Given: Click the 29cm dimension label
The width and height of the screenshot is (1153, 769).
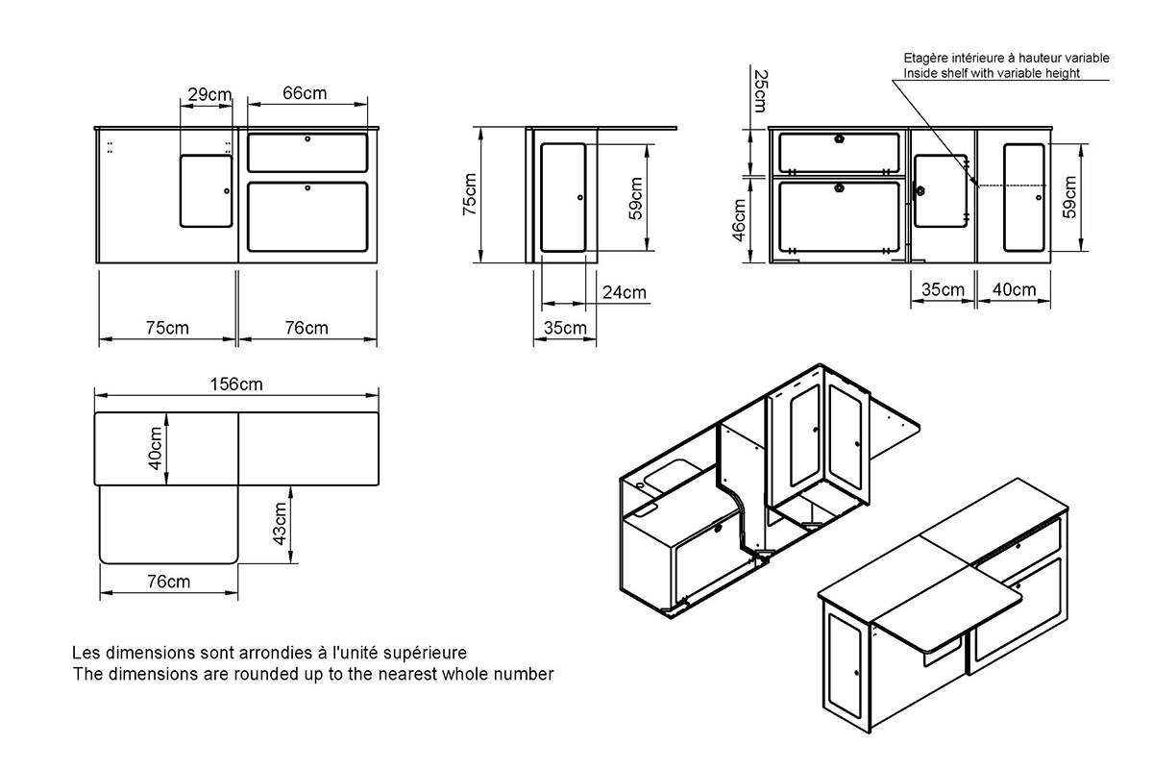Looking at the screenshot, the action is coord(209,94).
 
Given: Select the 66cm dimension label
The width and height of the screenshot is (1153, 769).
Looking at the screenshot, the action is coord(305,93).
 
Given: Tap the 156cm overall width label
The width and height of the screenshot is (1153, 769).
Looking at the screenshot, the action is coord(236,384).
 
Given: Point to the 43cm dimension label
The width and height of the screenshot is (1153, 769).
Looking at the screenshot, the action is coord(280,523).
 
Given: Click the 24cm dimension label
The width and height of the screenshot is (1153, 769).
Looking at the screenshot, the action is coord(625,292).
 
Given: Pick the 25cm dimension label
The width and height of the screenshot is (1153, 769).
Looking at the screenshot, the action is coord(761,91).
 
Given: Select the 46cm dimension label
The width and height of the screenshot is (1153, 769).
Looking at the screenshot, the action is coord(739,220).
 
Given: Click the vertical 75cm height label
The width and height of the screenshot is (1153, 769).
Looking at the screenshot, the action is coord(470,194).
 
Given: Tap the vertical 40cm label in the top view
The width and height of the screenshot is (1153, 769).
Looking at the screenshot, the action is coord(155,449).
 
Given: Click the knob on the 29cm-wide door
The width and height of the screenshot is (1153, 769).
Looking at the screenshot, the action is coord(227,191).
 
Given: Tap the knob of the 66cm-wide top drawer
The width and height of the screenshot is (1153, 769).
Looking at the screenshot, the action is coord(307,139).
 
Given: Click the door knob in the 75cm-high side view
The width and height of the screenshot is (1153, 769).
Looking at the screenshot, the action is coord(580,197).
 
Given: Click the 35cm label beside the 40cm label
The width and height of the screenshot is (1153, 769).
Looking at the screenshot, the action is coord(943,289).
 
